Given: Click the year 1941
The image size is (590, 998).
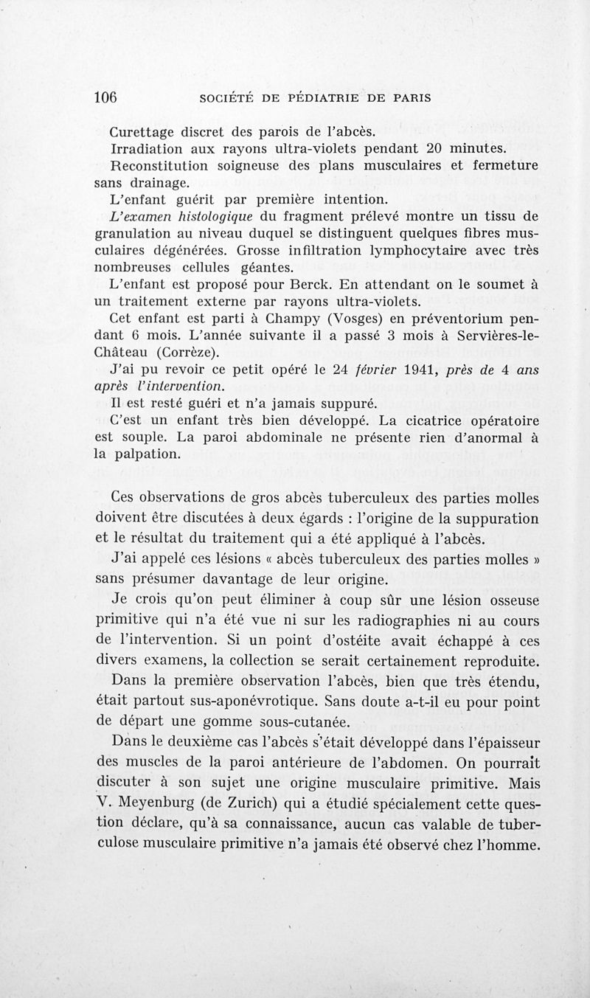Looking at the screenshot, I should point(409,370).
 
